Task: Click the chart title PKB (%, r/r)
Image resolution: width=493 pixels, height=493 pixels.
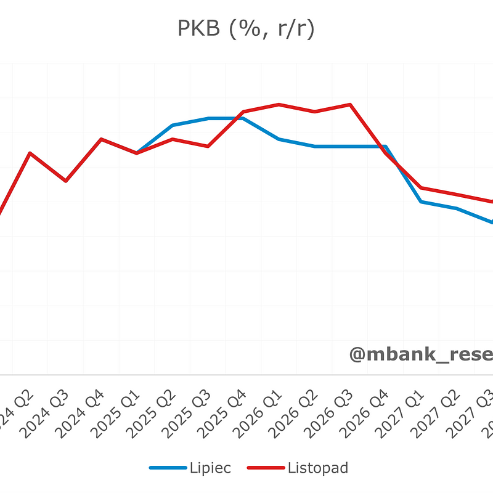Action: pyautogui.click(x=246, y=29)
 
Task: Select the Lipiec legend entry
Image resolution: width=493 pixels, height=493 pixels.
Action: pyautogui.click(x=190, y=468)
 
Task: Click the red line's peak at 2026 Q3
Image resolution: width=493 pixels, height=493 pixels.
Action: pyautogui.click(x=351, y=105)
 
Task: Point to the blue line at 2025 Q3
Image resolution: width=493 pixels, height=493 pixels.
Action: pyautogui.click(x=208, y=118)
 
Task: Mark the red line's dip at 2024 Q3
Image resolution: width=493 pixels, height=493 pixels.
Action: pyautogui.click(x=66, y=181)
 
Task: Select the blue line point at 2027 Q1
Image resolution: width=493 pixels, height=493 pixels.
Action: pyautogui.click(x=422, y=202)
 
